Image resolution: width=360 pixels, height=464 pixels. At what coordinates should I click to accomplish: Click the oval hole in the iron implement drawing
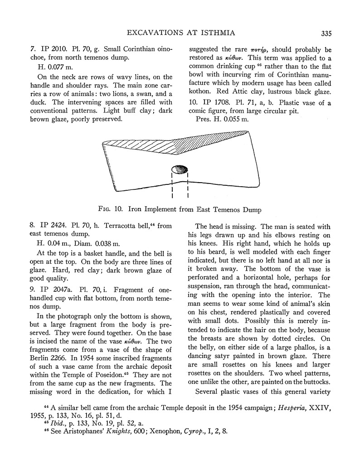(179, 171)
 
